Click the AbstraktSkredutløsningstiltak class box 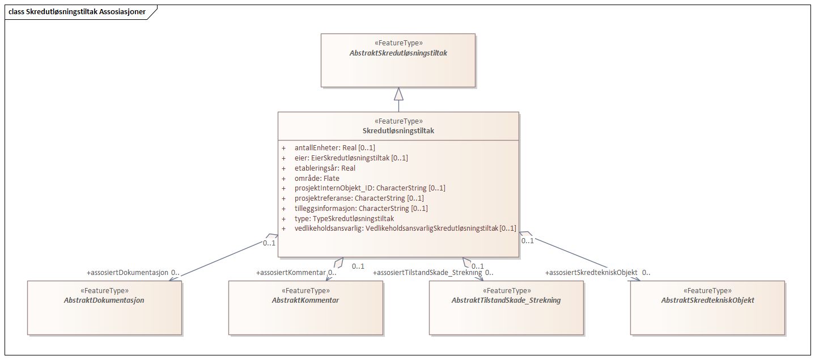[398, 60]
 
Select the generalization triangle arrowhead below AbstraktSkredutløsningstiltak [398, 94]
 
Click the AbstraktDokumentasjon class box [104, 307]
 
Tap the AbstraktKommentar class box [305, 307]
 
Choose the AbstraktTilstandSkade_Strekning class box [506, 307]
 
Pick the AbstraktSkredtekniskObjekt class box [707, 307]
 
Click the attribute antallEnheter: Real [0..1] [334, 148]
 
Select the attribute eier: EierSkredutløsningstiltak [351, 158]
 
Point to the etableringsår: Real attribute [325, 168]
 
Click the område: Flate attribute [317, 179]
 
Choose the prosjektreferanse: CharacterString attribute [359, 198]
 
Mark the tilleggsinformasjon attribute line [361, 209]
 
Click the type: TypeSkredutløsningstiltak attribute [344, 219]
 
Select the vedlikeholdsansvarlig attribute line [405, 228]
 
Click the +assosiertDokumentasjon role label [128, 273]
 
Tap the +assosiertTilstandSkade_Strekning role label [428, 273]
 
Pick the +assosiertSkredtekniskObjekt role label [592, 273]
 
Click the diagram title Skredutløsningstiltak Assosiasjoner [77, 11]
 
